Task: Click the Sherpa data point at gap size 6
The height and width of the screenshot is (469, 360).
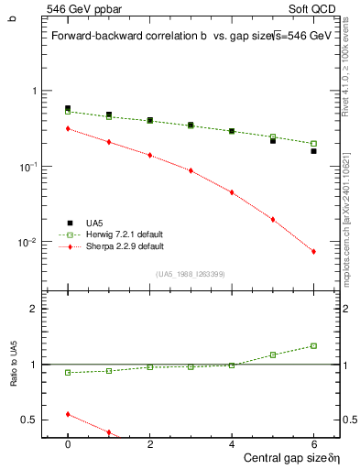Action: [x=313, y=252]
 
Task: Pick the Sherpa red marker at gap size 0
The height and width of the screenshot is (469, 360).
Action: [x=68, y=128]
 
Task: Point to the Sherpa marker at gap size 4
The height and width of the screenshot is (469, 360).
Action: [x=232, y=192]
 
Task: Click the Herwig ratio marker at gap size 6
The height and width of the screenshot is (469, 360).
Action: [x=313, y=345]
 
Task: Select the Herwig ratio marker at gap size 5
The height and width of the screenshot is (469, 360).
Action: [x=273, y=354]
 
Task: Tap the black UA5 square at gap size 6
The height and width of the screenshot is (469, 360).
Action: [x=313, y=151]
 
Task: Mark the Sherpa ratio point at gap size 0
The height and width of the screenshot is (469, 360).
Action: [x=68, y=414]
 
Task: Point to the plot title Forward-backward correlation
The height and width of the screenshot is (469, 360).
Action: [x=128, y=36]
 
